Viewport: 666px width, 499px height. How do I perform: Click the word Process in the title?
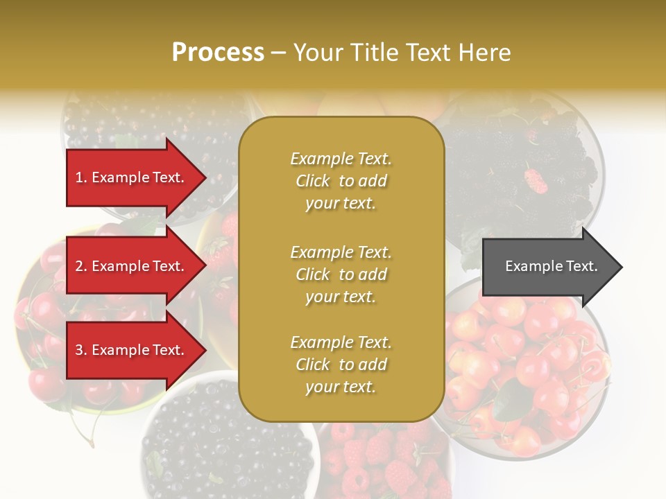click(x=218, y=53)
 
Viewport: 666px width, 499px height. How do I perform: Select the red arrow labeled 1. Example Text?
click(x=132, y=177)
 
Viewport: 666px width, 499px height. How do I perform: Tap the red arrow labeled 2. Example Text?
click(x=132, y=266)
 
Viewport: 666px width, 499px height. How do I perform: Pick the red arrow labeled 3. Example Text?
click(x=132, y=350)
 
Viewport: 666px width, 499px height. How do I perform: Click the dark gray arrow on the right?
click(x=548, y=266)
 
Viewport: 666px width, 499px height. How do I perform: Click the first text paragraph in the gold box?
click(x=341, y=181)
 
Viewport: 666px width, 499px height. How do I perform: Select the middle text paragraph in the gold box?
click(x=341, y=274)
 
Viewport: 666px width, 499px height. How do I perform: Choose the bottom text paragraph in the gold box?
click(x=341, y=365)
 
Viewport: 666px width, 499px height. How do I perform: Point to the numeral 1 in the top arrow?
click(x=78, y=177)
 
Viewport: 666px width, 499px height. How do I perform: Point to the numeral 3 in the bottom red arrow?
click(x=78, y=350)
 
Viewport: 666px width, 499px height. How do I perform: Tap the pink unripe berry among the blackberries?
click(x=536, y=182)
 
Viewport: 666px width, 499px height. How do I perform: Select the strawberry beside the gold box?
click(x=221, y=253)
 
